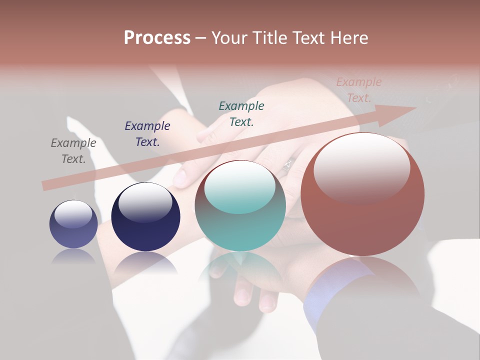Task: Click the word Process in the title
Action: pos(157,38)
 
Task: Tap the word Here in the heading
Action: pos(349,38)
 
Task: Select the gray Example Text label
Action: pos(73,151)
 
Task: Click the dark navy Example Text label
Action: pos(147,134)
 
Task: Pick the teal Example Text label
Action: pos(241,114)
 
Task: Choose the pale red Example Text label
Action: pos(359,90)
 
